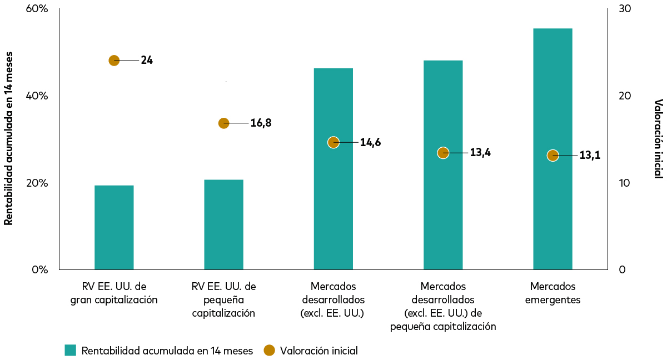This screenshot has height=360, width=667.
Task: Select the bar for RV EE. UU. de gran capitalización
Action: pyautogui.click(x=114, y=228)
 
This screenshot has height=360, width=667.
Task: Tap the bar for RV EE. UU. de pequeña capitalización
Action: pyautogui.click(x=223, y=225)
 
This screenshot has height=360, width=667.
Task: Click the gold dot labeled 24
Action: pyautogui.click(x=114, y=61)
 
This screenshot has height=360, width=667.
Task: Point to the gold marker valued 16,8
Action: pyautogui.click(x=223, y=123)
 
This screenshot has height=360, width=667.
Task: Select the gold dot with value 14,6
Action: pyautogui.click(x=333, y=142)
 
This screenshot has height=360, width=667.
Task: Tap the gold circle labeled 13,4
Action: pyautogui.click(x=443, y=153)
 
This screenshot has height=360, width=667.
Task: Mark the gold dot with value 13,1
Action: pyautogui.click(x=552, y=156)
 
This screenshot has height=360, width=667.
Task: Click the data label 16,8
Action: pyautogui.click(x=261, y=123)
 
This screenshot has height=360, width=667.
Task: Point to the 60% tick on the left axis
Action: pyautogui.click(x=38, y=9)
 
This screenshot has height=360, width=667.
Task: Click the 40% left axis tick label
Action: pyautogui.click(x=38, y=96)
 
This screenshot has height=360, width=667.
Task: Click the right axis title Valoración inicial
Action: pyautogui.click(x=658, y=138)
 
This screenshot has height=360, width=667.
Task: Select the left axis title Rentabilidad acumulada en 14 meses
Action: pyautogui.click(x=8, y=138)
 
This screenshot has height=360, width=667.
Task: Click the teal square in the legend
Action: pyautogui.click(x=70, y=350)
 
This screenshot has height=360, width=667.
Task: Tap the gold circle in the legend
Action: pyautogui.click(x=269, y=350)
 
